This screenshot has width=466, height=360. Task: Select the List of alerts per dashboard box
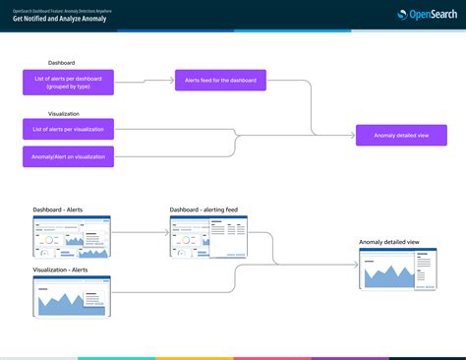(x=68, y=82)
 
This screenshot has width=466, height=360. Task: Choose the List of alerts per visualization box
(x=68, y=129)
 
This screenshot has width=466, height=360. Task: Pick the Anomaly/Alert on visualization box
(x=68, y=155)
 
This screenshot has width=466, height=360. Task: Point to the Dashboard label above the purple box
(x=47, y=63)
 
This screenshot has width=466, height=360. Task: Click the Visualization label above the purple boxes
(x=51, y=113)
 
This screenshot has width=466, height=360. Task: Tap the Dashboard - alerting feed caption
(x=203, y=210)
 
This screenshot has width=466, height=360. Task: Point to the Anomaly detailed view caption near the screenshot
(x=389, y=242)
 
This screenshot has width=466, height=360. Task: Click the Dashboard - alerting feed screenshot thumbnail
(x=207, y=236)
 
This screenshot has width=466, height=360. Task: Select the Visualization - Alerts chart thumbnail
(x=72, y=297)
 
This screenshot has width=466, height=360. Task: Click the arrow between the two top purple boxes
(x=145, y=82)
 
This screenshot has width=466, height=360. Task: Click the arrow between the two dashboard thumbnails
(x=140, y=234)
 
